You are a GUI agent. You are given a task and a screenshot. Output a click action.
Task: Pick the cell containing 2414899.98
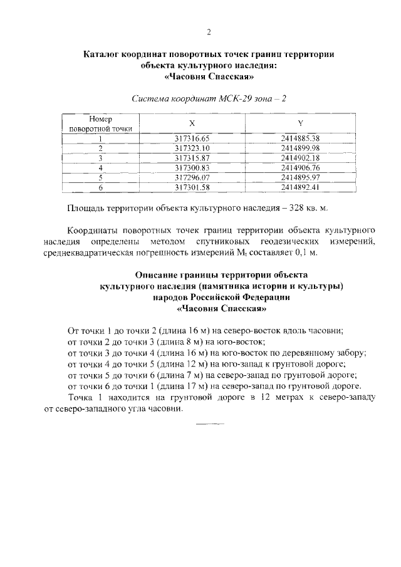301,148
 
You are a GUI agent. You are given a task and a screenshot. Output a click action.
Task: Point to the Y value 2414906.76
301,168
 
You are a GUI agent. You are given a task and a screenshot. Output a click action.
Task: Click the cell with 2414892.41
301,187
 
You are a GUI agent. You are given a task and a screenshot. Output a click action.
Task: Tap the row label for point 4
100,168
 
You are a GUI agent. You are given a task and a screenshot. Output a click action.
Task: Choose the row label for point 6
100,187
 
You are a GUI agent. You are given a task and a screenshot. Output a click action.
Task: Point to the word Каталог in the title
104,55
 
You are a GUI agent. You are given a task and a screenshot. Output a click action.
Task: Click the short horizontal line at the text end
209,423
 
